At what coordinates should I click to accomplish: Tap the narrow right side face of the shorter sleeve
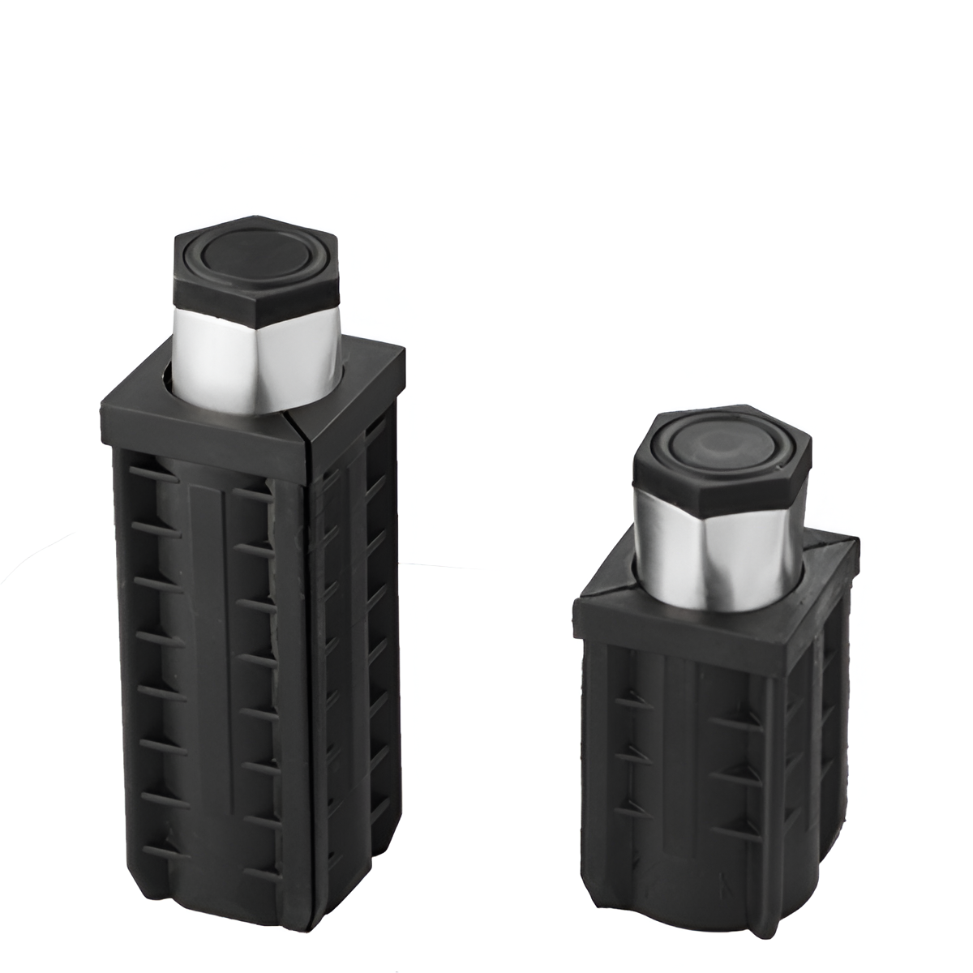coord(831,730)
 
